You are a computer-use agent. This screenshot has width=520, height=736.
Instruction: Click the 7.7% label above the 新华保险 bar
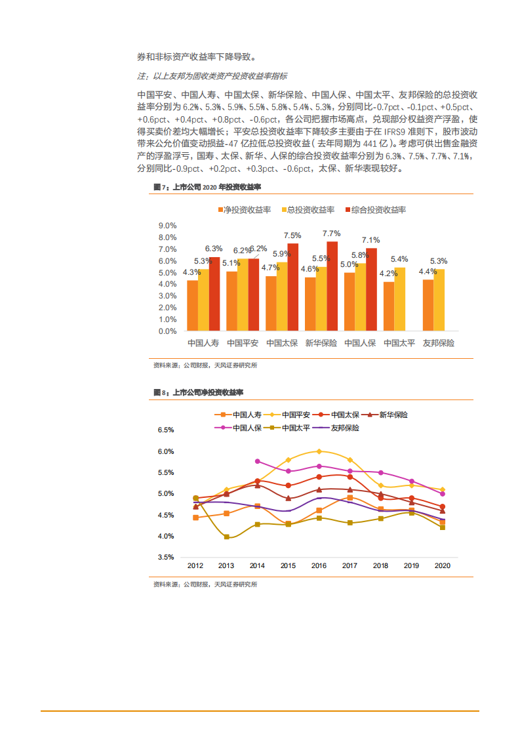point(332,234)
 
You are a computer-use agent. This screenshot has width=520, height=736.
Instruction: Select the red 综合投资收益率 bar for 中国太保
point(292,287)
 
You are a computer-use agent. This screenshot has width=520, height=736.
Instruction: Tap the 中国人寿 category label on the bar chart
point(203,343)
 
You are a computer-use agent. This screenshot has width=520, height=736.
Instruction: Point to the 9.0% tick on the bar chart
point(167,226)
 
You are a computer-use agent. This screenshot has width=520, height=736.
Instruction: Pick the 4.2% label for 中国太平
point(388,274)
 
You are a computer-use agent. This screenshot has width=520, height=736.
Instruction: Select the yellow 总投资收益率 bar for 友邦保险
point(439,300)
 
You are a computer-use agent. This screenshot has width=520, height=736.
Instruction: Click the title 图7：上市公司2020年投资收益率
point(207,187)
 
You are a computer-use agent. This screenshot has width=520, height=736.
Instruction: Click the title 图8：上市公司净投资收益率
point(199,392)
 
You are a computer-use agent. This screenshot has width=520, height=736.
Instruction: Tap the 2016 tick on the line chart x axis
point(319,565)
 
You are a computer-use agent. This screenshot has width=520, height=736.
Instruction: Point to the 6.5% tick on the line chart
point(165,430)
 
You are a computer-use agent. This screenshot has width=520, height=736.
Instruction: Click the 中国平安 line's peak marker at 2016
point(319,451)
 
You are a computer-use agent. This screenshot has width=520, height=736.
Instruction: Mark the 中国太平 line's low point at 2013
point(226,537)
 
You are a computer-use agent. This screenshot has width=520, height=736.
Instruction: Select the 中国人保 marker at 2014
point(257,461)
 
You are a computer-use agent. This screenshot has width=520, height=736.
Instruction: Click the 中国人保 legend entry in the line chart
point(239,428)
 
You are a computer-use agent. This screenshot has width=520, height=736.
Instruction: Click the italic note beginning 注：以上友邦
point(212,76)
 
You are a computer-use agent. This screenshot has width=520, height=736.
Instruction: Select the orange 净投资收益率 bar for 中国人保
point(350,301)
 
